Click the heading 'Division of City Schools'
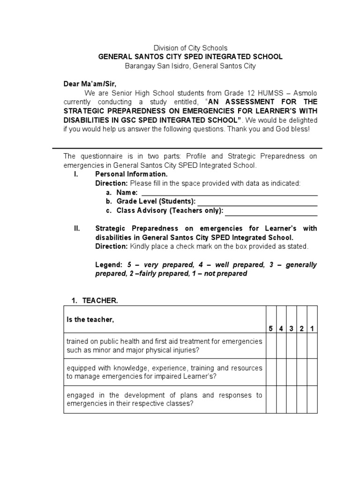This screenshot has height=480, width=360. (190, 48)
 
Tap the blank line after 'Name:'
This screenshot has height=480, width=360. (229, 193)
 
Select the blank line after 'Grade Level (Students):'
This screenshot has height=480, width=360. (257, 202)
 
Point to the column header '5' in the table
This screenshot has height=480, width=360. (271, 329)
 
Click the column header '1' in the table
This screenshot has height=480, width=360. (312, 329)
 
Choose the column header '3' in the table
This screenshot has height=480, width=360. (292, 329)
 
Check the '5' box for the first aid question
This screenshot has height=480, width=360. (271, 346)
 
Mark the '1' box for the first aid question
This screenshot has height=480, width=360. (312, 346)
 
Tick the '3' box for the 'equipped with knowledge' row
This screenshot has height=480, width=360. (292, 373)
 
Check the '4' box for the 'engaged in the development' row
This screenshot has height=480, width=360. (281, 399)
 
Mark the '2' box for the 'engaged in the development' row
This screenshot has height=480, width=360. (302, 399)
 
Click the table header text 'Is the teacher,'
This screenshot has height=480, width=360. (90, 320)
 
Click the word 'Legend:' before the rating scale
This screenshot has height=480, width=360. (109, 265)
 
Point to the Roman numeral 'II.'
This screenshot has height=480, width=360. (77, 229)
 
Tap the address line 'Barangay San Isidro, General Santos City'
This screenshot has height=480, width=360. (190, 66)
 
